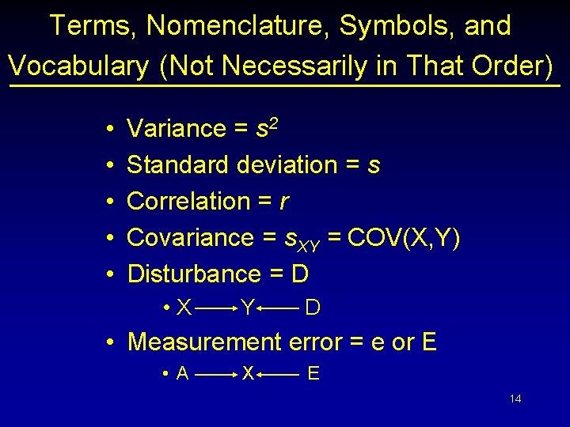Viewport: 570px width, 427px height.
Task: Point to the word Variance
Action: pyautogui.click(x=177, y=128)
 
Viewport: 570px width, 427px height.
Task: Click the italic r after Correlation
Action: pyautogui.click(x=284, y=202)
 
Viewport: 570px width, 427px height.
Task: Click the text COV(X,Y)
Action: pyautogui.click(x=404, y=237)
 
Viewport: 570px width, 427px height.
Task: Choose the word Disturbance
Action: pyautogui.click(x=193, y=274)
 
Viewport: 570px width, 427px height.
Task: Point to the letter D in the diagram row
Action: pyautogui.click(x=313, y=308)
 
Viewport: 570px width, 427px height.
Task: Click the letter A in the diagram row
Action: pyautogui.click(x=183, y=374)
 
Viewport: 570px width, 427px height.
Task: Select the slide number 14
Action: pyautogui.click(x=515, y=399)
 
